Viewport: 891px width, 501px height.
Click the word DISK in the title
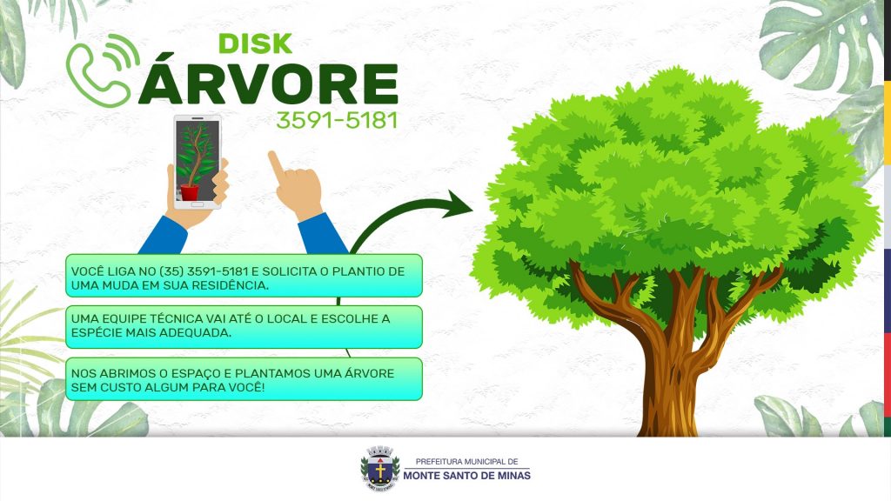[255, 43]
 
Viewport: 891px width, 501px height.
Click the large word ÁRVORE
[268, 83]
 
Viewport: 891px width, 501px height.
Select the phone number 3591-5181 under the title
[337, 120]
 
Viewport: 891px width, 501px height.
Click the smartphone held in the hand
[198, 162]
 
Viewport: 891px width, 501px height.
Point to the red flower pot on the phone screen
[190, 193]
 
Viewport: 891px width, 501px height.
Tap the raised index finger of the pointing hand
[276, 164]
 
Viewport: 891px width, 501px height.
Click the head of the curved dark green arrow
[459, 204]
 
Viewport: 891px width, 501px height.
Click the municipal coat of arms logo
[379, 469]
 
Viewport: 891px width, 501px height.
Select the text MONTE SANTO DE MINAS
[466, 476]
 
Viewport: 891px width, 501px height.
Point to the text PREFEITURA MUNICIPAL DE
[466, 462]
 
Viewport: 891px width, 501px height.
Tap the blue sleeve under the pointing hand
[322, 234]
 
